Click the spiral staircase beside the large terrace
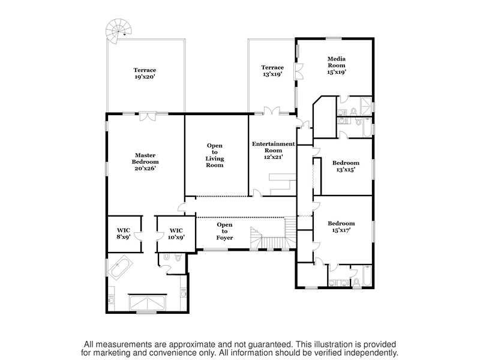tap(119, 31)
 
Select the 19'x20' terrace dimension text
tap(145, 77)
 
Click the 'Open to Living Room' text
tap(215, 155)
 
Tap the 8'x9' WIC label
tap(124, 233)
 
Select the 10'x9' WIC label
tap(176, 233)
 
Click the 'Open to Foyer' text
tap(224, 231)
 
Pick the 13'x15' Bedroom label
tap(346, 166)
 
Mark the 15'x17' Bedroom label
tap(341, 227)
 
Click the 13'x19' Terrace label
tap(272, 71)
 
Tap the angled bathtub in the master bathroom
tap(120, 268)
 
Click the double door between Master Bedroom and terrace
tap(148, 116)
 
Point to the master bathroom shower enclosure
tap(147, 303)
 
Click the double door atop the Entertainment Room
tap(272, 111)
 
